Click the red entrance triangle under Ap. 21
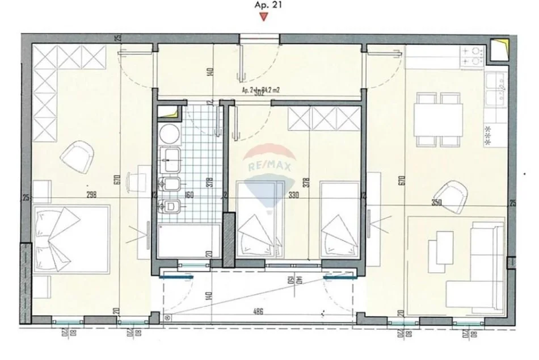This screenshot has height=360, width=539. point(262,17)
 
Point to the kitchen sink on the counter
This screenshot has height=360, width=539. point(498,89)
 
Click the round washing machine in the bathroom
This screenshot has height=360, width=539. point(168,133)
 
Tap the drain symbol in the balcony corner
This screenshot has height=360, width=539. point(168,319)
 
